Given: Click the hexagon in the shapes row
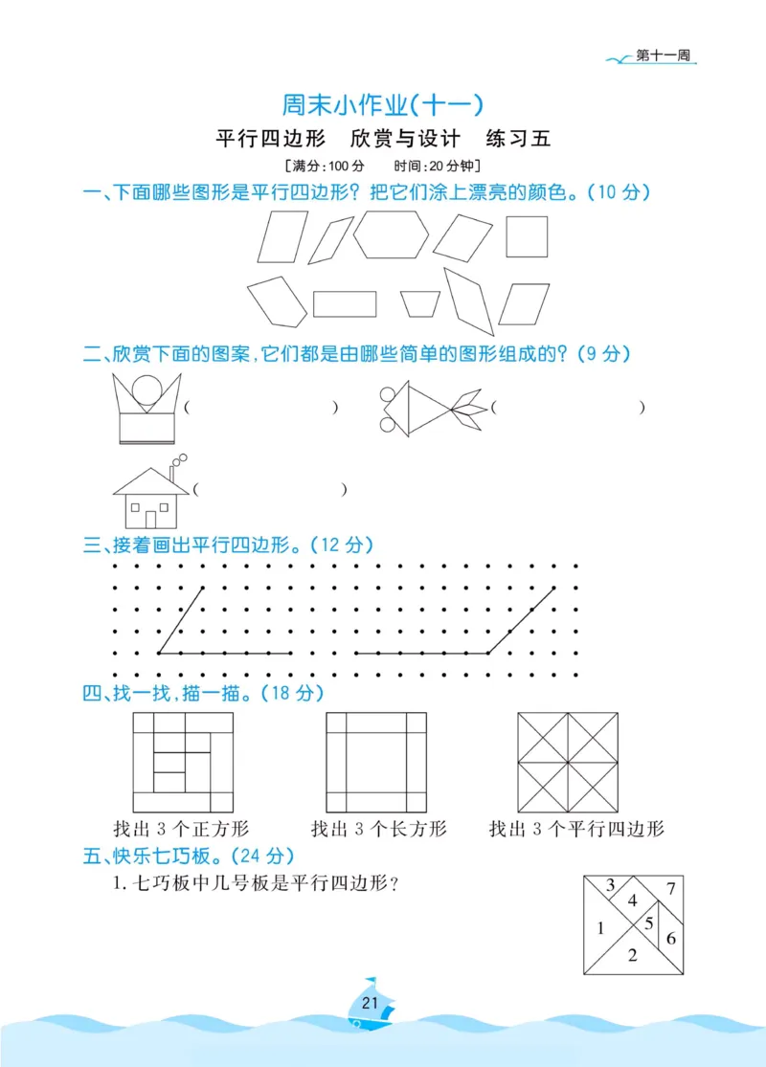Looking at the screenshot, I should (391, 235).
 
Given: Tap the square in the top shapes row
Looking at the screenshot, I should (527, 236).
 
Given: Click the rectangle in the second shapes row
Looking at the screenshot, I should (345, 303).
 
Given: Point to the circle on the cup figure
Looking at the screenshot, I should (146, 390).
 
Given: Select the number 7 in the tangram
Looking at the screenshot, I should (671, 886).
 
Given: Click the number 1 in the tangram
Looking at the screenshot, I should (600, 926).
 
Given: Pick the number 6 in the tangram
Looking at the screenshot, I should (670, 938).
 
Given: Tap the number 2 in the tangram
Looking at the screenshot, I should (631, 954).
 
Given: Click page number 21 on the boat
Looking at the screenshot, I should (372, 1003).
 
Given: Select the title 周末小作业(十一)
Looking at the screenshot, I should (382, 102).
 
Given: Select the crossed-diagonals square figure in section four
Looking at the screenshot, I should (568, 762).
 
